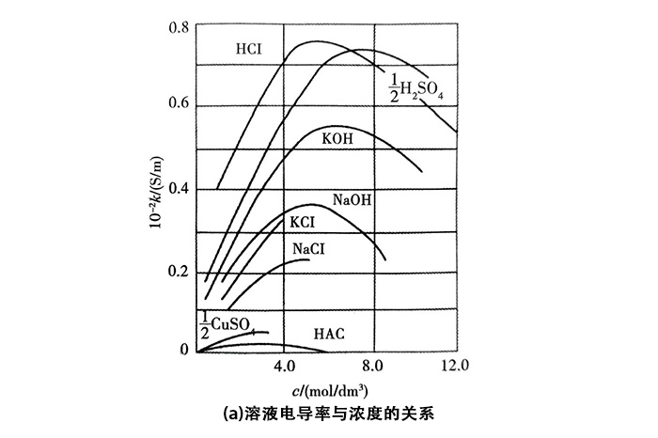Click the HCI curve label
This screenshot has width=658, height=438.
click(x=249, y=49)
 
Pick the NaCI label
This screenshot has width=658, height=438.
click(x=310, y=248)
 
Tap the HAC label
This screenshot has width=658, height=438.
click(x=330, y=335)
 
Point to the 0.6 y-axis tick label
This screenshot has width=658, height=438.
click(x=179, y=103)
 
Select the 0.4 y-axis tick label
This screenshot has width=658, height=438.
click(x=179, y=189)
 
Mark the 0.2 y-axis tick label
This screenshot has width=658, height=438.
click(x=179, y=271)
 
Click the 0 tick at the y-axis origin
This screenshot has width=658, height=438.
click(x=183, y=350)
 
